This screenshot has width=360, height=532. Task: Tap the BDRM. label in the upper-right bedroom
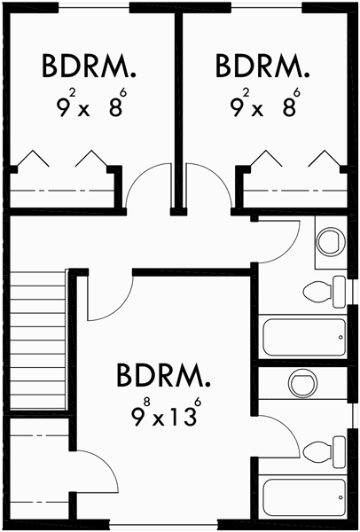pos(263,66)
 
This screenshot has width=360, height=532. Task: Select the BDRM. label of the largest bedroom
pos(165,376)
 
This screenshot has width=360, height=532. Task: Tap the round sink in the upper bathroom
pos(331,240)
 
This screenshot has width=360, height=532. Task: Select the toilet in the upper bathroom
pos(324,289)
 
